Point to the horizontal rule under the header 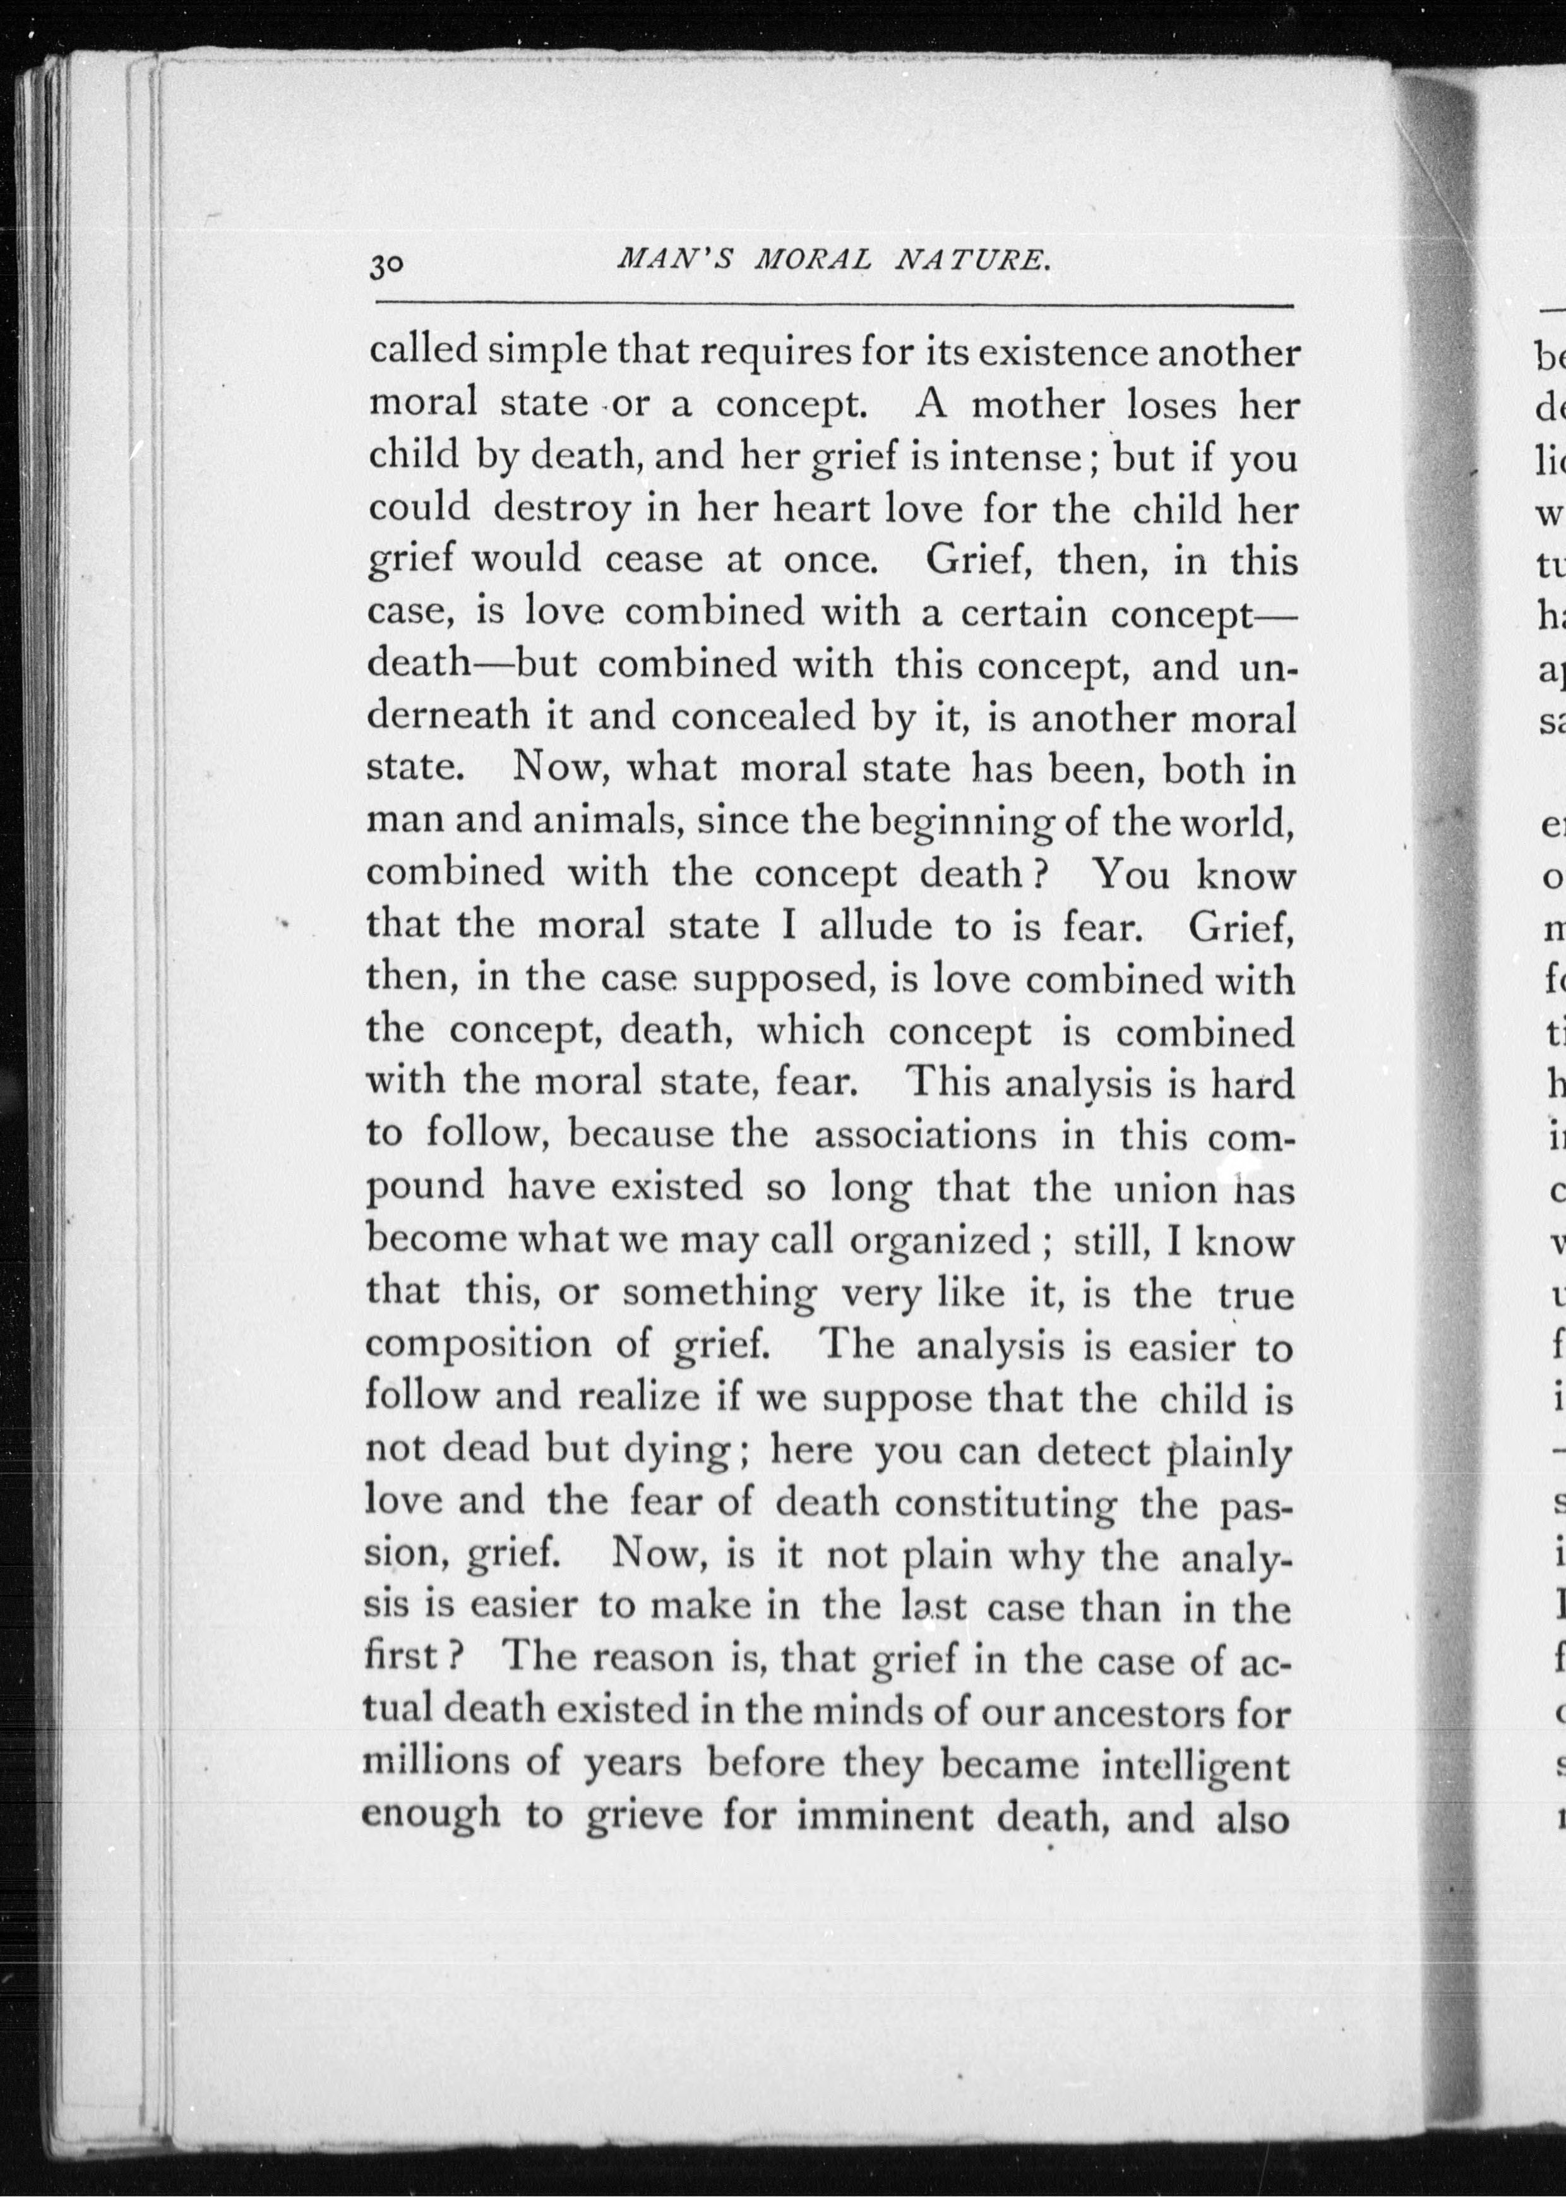pos(834,307)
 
